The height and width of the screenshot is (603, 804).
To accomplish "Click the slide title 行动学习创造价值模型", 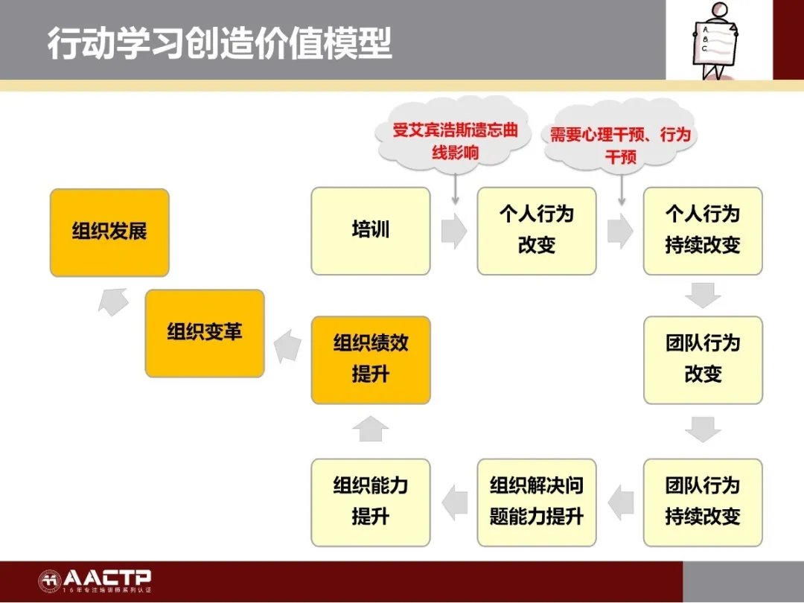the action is click(220, 43).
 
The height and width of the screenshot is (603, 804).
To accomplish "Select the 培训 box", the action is click(371, 231).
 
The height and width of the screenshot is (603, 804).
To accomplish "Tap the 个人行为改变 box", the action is click(537, 231).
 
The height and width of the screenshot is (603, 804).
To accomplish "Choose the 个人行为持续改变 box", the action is click(703, 231).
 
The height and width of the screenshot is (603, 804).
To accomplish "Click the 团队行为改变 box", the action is click(703, 360).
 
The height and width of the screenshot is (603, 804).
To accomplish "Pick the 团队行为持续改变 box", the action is click(703, 502).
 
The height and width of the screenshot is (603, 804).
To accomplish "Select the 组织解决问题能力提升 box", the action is click(537, 502).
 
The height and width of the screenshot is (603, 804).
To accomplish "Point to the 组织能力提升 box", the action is click(371, 502).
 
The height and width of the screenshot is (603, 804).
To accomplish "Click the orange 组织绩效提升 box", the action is click(371, 360).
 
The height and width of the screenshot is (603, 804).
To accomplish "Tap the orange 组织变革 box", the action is click(205, 334).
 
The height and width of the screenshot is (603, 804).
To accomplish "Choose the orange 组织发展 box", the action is click(109, 233).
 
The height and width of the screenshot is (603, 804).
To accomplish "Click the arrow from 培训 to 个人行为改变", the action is click(454, 231).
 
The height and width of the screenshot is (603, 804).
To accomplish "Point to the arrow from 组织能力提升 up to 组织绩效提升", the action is click(371, 429).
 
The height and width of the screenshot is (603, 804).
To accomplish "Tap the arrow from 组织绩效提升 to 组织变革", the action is click(287, 347).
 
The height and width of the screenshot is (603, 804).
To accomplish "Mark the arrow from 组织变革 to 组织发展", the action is click(113, 301).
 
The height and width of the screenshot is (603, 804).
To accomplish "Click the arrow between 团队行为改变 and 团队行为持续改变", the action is click(703, 430).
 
